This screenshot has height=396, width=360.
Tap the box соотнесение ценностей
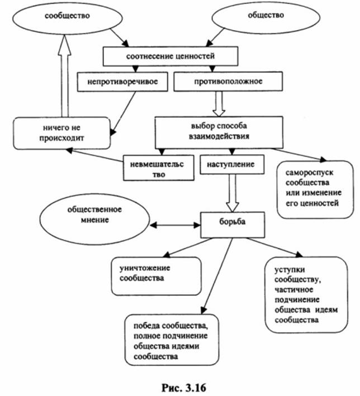pyautogui.click(x=166, y=56)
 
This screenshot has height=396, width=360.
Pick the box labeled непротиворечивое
pyautogui.click(x=124, y=82)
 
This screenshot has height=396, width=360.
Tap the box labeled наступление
pyautogui.click(x=231, y=165)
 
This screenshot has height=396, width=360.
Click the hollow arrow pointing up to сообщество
pyautogui.click(x=63, y=79)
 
